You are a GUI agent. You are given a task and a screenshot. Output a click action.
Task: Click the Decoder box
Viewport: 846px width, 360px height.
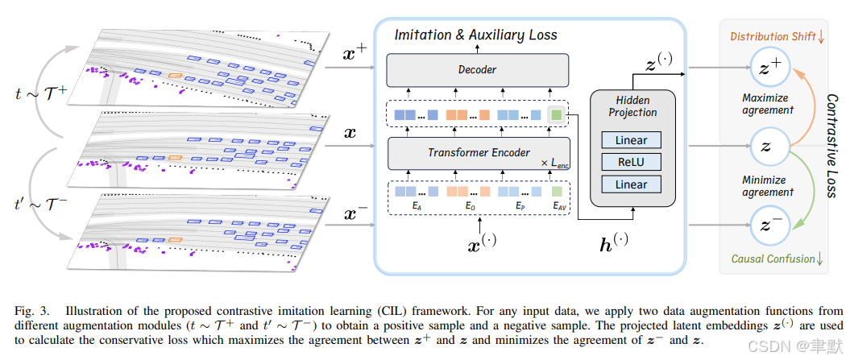tap(477, 70)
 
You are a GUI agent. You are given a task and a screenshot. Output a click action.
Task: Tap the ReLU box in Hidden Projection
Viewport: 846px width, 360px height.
tap(631, 162)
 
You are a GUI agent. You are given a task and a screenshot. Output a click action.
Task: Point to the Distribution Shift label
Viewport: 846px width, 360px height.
tap(769, 36)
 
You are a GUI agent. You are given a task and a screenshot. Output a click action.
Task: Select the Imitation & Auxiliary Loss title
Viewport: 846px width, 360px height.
tap(475, 35)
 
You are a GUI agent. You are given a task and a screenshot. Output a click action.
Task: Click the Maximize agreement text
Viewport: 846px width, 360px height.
tap(768, 105)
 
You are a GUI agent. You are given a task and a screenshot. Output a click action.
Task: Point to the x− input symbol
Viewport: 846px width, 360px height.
tap(356, 214)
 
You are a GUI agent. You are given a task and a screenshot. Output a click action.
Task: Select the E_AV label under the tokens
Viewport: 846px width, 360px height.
tap(558, 207)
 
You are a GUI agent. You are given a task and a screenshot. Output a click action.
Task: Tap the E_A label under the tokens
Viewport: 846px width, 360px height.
tap(417, 207)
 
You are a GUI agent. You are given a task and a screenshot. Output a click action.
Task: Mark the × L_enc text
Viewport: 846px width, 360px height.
tap(556, 163)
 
